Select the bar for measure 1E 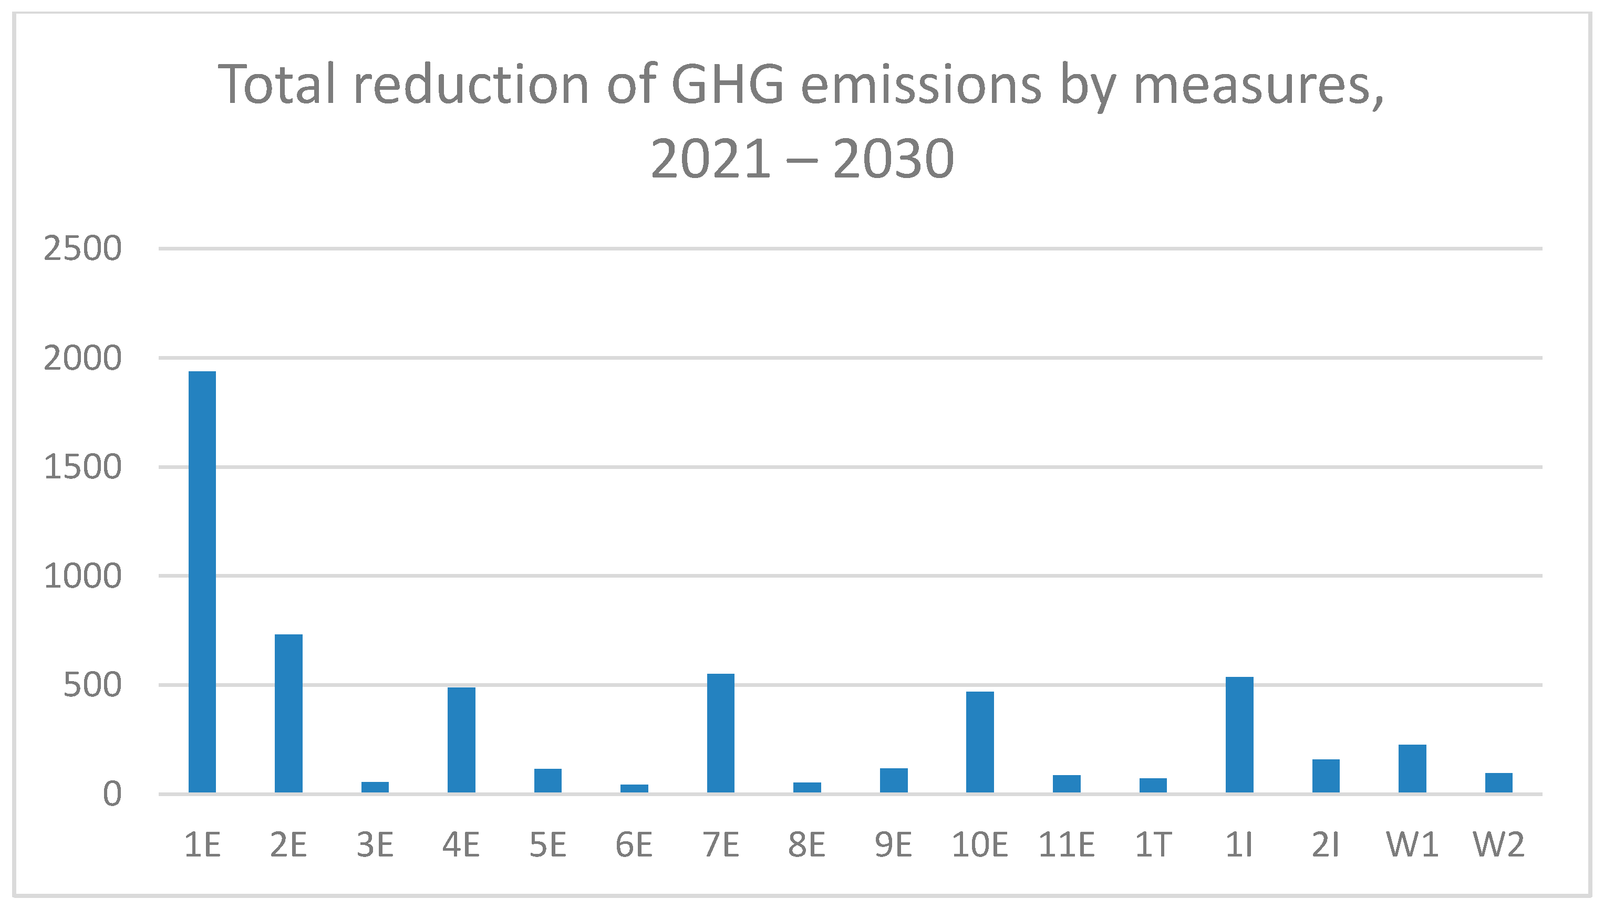click(x=202, y=582)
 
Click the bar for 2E click(x=288, y=714)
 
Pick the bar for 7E click(x=720, y=733)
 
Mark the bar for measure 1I click(x=1239, y=735)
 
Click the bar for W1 click(x=1412, y=769)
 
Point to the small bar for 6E click(x=634, y=789)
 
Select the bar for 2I click(x=1326, y=776)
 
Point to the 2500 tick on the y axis click(x=82, y=249)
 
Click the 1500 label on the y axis click(x=82, y=467)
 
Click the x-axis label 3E click(x=375, y=845)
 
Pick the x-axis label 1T click(x=1153, y=845)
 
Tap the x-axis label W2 click(x=1498, y=845)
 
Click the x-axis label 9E click(x=893, y=845)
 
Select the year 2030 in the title click(x=893, y=159)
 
